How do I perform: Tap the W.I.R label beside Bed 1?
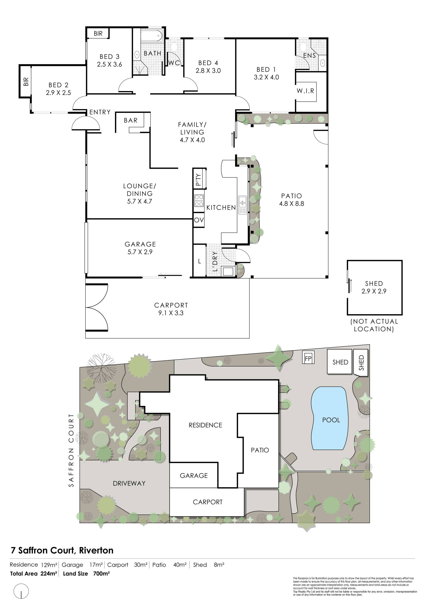click(x=306, y=91)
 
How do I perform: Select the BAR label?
click(x=131, y=120)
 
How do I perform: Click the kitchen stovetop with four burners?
click(x=199, y=200)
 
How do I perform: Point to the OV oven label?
click(x=199, y=220)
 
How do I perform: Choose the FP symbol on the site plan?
click(x=308, y=359)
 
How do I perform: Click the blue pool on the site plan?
click(x=329, y=419)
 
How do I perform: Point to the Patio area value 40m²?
click(x=180, y=565)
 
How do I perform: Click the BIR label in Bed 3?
click(x=98, y=34)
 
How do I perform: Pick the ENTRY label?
click(x=100, y=112)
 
